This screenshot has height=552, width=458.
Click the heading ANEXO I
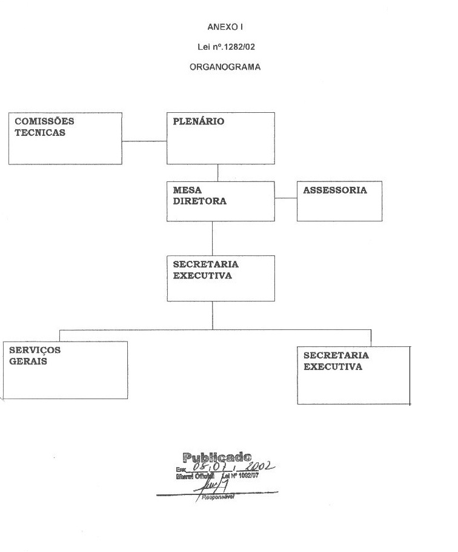[225, 27]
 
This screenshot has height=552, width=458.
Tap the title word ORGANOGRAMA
[225, 67]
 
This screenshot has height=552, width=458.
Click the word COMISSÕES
[44, 121]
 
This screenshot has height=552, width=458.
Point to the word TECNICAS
[40, 133]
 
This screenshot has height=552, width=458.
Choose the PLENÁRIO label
[199, 121]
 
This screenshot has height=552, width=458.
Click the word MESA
[187, 190]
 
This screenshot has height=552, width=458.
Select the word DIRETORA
[200, 201]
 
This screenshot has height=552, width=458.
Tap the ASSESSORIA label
[335, 190]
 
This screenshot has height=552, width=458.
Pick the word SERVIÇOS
[35, 350]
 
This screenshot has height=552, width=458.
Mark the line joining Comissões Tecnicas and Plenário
[145, 141]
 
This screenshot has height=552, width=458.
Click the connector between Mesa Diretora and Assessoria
[286, 198]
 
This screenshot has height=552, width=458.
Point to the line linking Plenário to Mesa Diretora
[218, 172]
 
